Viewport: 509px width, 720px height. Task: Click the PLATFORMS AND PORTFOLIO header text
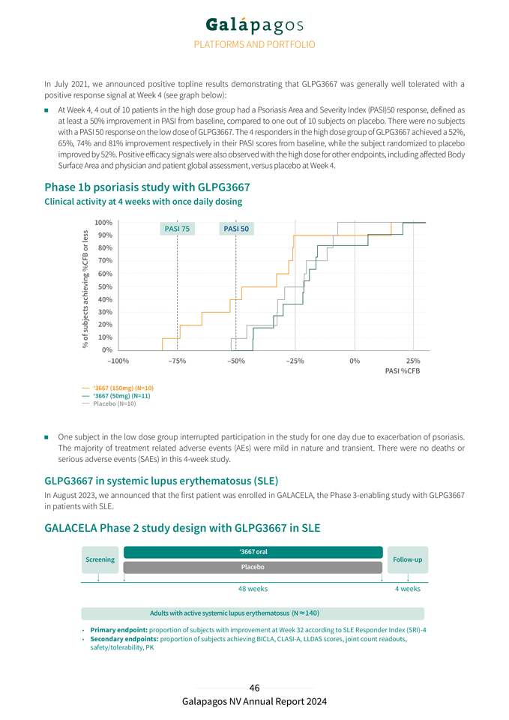click(x=254, y=45)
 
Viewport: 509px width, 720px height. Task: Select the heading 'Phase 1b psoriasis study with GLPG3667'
click(x=147, y=187)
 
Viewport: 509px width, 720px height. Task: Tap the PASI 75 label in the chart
click(x=177, y=229)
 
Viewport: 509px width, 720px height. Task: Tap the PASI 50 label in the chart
click(x=236, y=229)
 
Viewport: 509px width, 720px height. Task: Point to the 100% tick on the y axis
click(x=103, y=223)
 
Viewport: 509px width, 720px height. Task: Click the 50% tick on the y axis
click(x=105, y=286)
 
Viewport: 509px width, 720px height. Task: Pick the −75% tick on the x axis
click(x=177, y=361)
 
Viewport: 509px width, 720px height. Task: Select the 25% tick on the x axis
click(x=412, y=361)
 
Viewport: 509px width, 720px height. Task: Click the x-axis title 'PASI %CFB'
click(x=402, y=371)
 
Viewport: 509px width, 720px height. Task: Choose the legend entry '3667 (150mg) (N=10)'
click(x=123, y=388)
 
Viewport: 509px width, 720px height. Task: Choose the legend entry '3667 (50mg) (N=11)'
click(x=121, y=396)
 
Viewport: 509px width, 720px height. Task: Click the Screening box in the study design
click(x=100, y=559)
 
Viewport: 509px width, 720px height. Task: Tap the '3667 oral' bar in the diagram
click(x=253, y=552)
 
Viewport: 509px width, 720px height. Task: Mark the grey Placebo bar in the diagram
click(x=253, y=567)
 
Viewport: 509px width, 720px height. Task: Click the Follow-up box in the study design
click(x=407, y=559)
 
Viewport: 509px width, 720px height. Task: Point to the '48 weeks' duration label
click(x=253, y=589)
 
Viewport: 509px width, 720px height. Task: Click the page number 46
click(x=254, y=688)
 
